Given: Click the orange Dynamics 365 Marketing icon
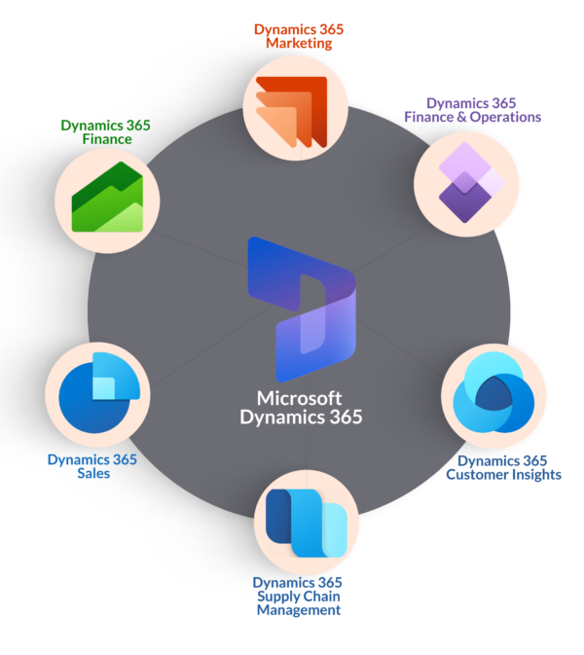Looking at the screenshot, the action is (x=292, y=112).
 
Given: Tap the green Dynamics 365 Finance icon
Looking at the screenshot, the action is (x=107, y=198).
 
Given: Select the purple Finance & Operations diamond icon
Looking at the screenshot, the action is (x=472, y=183).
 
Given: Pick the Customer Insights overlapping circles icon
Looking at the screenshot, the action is (x=493, y=392).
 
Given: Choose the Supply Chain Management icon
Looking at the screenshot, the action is (x=307, y=523).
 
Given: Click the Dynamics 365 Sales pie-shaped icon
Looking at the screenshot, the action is (x=99, y=392).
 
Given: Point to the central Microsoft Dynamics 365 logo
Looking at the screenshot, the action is (x=302, y=309).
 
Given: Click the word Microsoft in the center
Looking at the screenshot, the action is (x=299, y=398).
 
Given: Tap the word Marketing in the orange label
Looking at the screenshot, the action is (x=299, y=43).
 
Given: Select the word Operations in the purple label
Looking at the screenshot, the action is (x=505, y=118).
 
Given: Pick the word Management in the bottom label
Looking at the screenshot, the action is (x=299, y=610).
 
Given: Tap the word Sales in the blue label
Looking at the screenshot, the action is (x=93, y=473).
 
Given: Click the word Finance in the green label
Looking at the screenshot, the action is (x=107, y=139).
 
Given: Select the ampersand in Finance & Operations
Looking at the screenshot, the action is (x=461, y=118).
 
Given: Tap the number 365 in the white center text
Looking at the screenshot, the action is (x=347, y=417).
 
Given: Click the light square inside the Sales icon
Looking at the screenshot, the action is (x=103, y=388).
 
